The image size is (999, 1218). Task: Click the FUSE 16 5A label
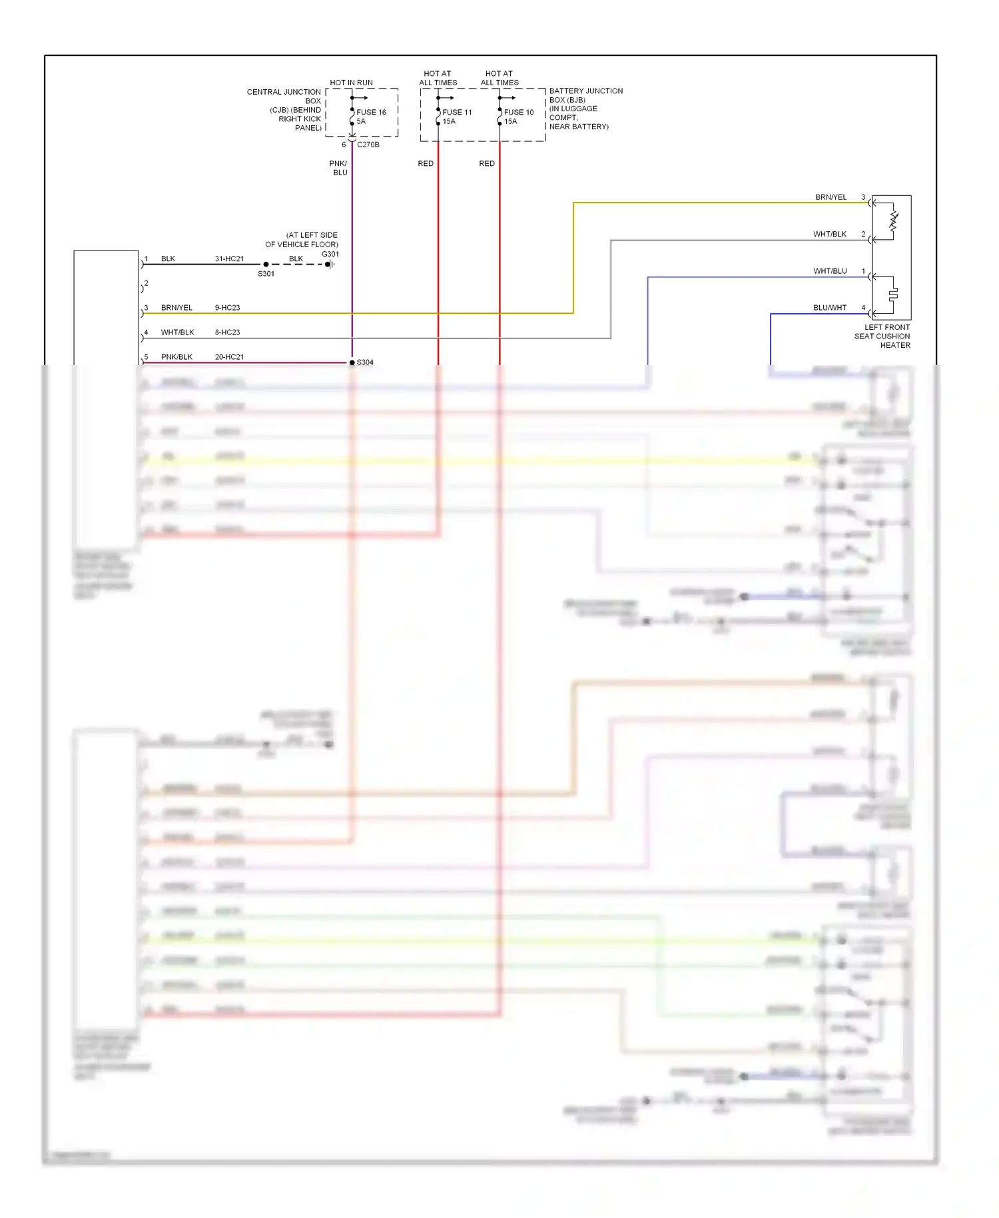point(370,117)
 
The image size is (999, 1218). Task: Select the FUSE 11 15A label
point(456,117)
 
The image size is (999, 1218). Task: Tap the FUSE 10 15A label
point(518,117)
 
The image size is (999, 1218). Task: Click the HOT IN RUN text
point(351,83)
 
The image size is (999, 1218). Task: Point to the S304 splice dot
point(352,362)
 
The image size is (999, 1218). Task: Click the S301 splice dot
point(266,265)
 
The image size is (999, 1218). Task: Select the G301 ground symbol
point(329,265)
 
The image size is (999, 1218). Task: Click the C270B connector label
point(368,145)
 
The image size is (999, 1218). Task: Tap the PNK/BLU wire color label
point(338,168)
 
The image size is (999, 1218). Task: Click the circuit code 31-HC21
point(229,259)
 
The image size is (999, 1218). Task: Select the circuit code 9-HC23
point(227,308)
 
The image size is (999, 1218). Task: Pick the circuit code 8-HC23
point(227,332)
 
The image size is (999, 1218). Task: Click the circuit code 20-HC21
point(229,357)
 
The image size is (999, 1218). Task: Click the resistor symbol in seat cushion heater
point(894,222)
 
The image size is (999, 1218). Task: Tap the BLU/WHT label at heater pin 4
point(830,308)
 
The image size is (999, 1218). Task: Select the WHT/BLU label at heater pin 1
point(830,271)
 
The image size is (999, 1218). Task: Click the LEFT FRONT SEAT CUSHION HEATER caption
point(882,336)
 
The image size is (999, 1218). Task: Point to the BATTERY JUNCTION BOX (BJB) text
point(585,95)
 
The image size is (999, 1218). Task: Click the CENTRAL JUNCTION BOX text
point(284,97)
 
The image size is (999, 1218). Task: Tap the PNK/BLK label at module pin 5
point(176,357)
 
